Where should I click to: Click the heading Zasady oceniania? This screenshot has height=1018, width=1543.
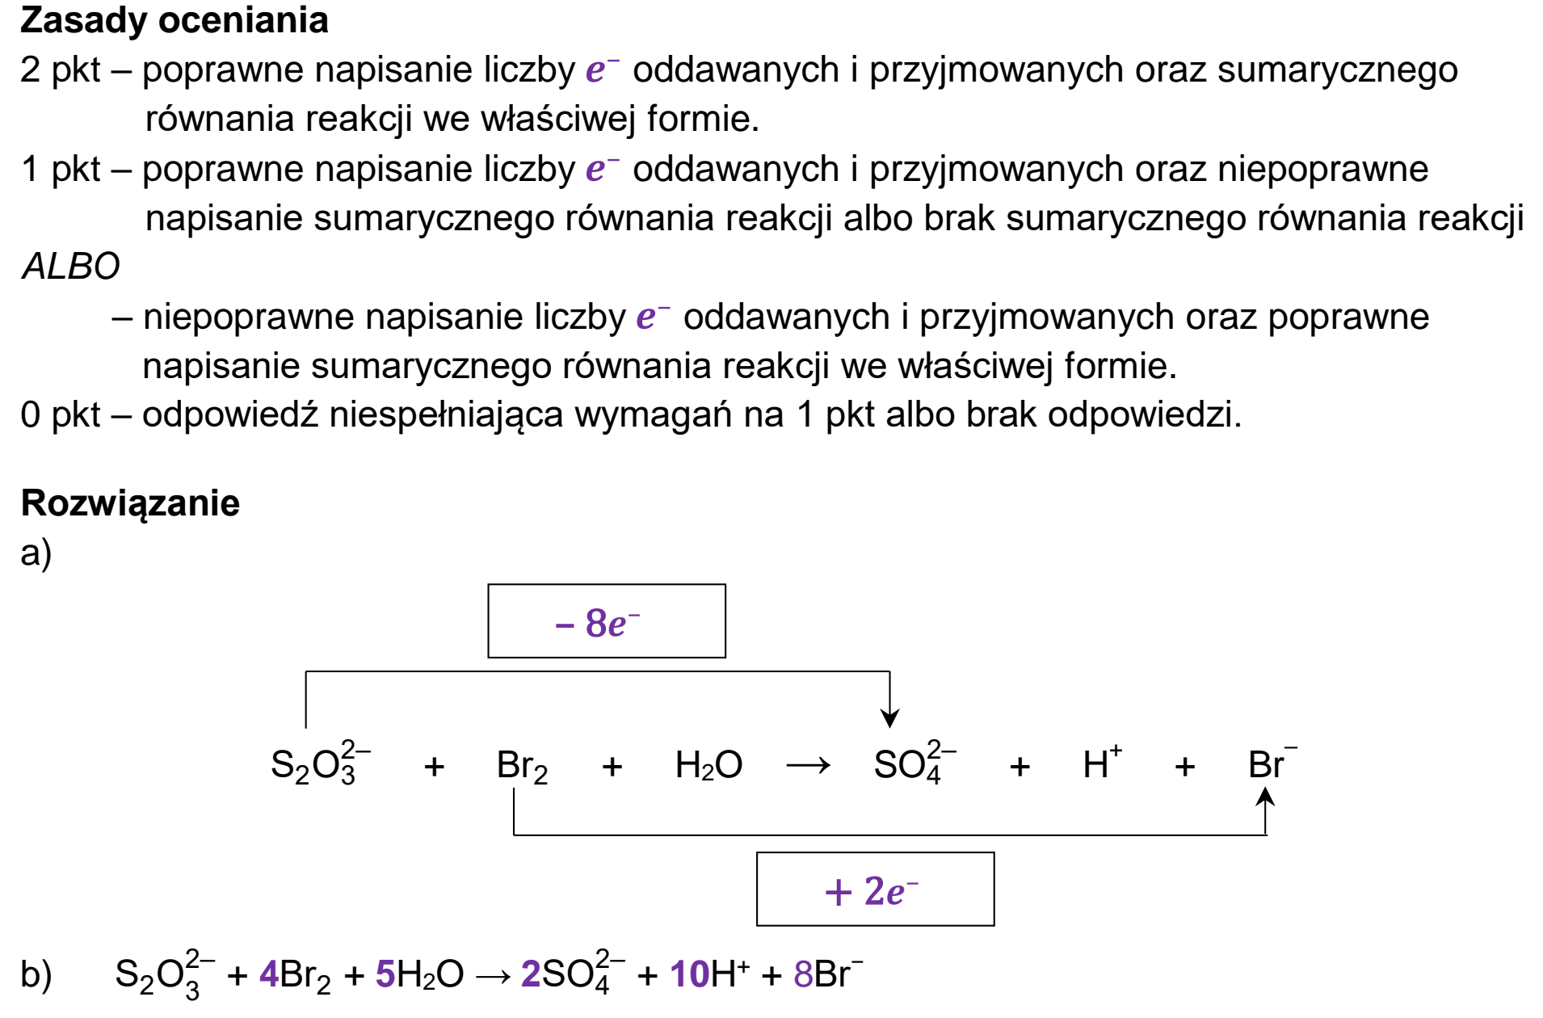174,21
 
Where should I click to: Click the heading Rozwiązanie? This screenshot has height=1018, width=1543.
130,503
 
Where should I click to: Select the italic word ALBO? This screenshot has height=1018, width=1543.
71,266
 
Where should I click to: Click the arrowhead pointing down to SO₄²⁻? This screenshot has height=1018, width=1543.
889,717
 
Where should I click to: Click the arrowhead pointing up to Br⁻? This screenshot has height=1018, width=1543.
1265,797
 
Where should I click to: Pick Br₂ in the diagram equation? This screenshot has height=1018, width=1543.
522,765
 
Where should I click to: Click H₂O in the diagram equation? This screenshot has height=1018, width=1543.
708,764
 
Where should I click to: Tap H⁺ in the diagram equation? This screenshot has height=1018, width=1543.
1102,762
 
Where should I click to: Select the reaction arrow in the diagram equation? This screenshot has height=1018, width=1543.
808,764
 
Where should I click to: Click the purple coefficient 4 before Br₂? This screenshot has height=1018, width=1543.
269,974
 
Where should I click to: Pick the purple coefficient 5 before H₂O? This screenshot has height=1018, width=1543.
385,974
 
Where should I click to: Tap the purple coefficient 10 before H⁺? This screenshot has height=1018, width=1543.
690,974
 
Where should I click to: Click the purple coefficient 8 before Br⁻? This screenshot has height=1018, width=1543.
803,974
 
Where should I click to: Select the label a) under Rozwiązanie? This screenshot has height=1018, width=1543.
36,553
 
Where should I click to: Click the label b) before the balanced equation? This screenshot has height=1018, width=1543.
36,974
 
